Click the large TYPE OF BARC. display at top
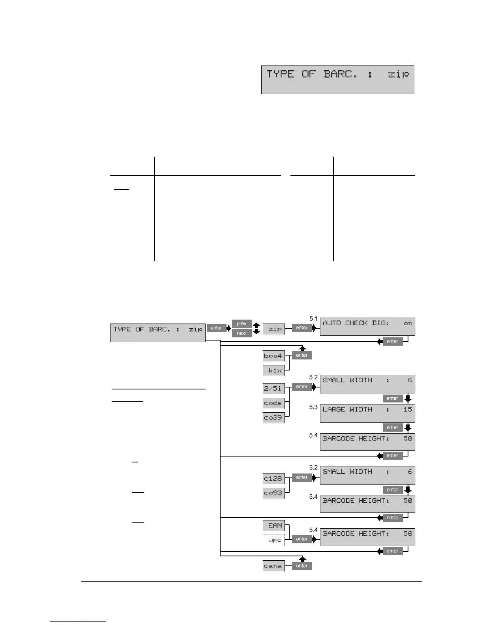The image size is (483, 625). pos(337,80)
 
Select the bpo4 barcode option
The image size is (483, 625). pos(273,356)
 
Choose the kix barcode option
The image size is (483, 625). pos(273,370)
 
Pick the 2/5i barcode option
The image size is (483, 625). pos(273,388)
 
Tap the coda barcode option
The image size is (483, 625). pos(273,403)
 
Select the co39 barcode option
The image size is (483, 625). pos(273,417)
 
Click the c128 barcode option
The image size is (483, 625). pos(273,478)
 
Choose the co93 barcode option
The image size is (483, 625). pos(273,493)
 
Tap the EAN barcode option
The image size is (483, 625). pos(273,525)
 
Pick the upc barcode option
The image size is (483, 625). pos(273,540)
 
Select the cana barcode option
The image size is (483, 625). pos(273,566)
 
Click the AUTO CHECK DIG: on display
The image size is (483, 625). pos(367,326)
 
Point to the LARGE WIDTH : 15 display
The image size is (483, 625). pos(367,413)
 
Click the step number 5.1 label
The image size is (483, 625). pos(313,318)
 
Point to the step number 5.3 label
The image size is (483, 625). pos(313,407)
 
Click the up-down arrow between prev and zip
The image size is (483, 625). pos(256,328)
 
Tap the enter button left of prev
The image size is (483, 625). pos(216,328)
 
